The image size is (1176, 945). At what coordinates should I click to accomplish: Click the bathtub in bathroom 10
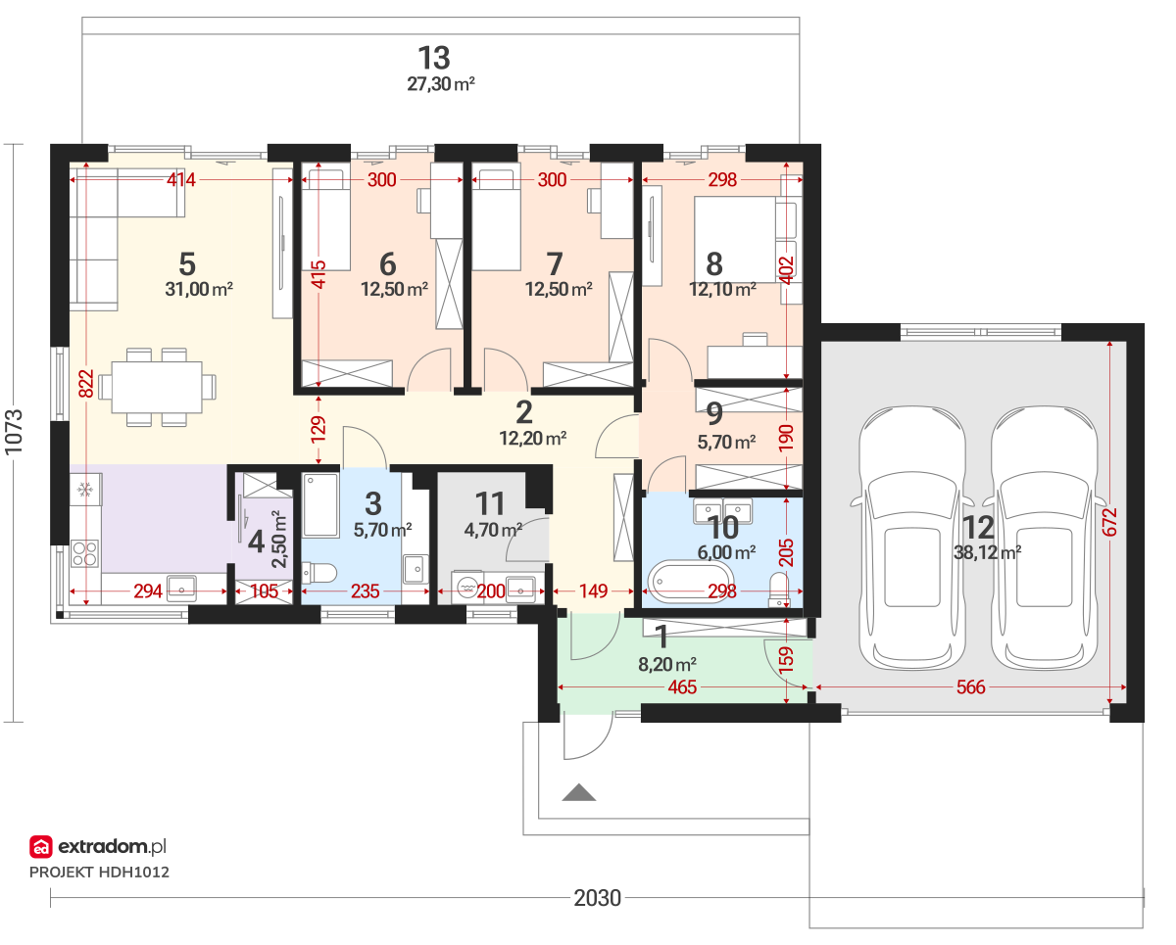click(x=690, y=583)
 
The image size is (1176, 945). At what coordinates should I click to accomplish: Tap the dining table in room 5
click(x=157, y=387)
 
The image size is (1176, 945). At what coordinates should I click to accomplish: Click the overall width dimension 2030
click(x=597, y=897)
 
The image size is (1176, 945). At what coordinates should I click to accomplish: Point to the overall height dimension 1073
click(x=14, y=432)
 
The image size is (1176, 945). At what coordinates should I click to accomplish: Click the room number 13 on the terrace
click(x=434, y=58)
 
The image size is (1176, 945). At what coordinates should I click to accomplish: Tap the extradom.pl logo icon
click(x=40, y=846)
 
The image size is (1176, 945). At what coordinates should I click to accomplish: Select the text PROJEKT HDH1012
click(x=99, y=873)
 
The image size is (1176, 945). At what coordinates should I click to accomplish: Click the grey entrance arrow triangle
click(x=579, y=792)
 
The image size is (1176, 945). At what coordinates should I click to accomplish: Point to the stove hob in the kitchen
click(x=85, y=553)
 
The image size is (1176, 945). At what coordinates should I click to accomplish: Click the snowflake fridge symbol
click(x=84, y=490)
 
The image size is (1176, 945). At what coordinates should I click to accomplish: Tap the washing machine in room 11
click(x=467, y=588)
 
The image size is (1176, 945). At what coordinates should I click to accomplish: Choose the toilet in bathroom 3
click(x=319, y=574)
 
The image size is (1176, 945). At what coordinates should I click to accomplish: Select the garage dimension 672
click(x=1110, y=522)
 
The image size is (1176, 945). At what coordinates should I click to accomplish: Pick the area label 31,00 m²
click(x=199, y=289)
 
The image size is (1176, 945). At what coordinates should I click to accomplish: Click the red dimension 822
click(x=86, y=384)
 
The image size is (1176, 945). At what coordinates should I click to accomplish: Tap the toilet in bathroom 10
click(x=779, y=590)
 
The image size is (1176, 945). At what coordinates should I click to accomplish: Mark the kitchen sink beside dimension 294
click(x=182, y=588)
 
